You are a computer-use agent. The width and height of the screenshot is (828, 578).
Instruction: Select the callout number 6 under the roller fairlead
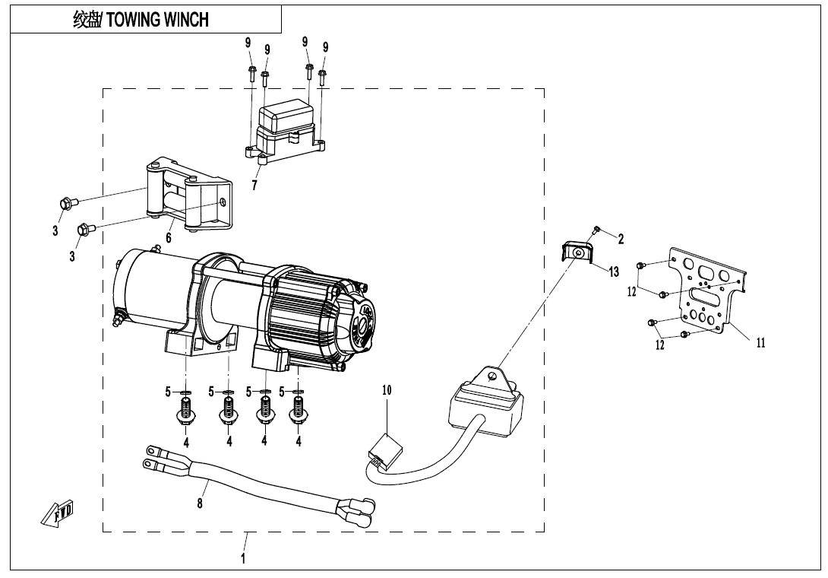pos(169,238)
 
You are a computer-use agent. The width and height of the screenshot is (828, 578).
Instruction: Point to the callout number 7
pos(254,185)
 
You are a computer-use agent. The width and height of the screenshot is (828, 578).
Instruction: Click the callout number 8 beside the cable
pos(200,504)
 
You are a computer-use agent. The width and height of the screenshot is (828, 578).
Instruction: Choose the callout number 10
pos(387,390)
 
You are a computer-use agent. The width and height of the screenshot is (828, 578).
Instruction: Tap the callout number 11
pos(760,342)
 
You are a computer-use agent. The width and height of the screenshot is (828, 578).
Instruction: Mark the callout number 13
pos(614,272)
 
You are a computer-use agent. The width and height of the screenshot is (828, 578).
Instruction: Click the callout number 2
pos(621,239)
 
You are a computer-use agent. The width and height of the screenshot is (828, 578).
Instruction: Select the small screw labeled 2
pos(597,229)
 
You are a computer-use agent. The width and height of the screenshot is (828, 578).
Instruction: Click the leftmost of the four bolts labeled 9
pos(251,72)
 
